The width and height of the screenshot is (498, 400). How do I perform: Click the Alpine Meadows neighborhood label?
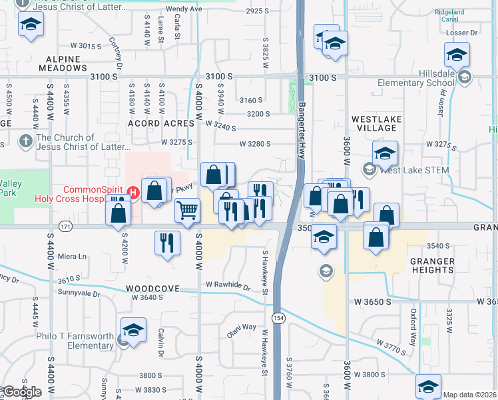click(63, 63)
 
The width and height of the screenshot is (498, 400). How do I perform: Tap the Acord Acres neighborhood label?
click(162, 123)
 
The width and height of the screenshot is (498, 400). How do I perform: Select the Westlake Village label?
click(375, 123)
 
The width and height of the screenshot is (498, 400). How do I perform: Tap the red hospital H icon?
click(133, 193)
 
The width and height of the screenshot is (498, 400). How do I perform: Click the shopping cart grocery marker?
click(188, 211)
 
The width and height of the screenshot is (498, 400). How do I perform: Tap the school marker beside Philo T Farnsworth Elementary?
click(133, 330)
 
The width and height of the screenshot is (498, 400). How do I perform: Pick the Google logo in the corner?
click(21, 392)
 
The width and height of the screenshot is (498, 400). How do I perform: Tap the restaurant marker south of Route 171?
click(166, 241)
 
